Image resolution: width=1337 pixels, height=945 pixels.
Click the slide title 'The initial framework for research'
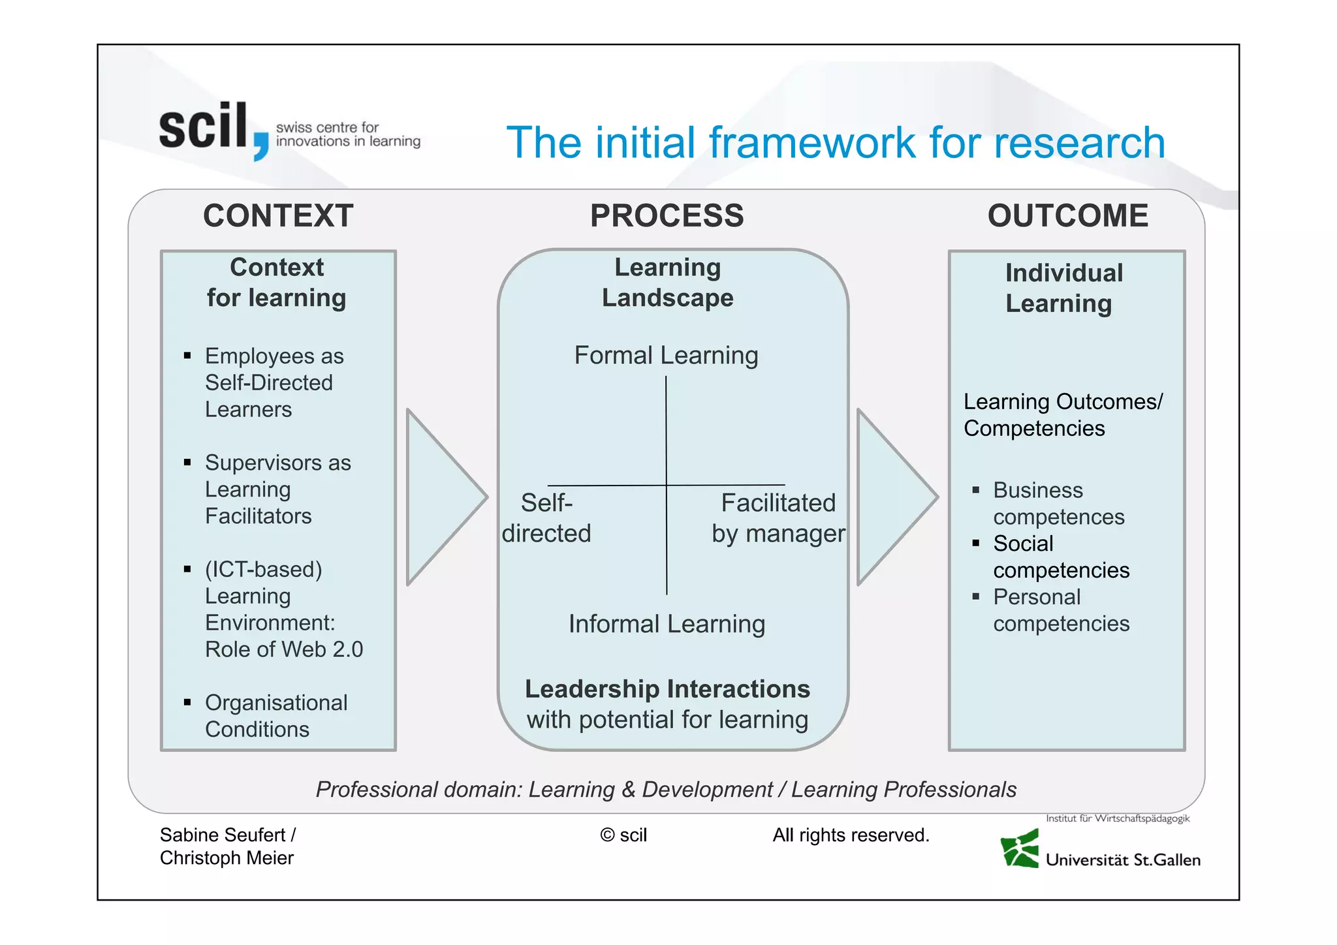(835, 142)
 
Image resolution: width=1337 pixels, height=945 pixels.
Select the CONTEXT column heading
(278, 216)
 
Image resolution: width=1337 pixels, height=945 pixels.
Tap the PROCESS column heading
(667, 216)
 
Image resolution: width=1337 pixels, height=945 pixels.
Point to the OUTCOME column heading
(1067, 216)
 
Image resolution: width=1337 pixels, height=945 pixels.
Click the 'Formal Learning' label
(666, 356)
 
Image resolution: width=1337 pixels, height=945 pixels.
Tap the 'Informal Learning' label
(667, 624)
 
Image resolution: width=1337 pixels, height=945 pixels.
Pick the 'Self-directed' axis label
(546, 518)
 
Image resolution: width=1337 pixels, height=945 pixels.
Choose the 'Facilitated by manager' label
(778, 518)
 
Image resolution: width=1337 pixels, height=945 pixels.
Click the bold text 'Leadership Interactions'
(667, 689)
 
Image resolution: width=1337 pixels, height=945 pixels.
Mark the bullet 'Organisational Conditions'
(275, 716)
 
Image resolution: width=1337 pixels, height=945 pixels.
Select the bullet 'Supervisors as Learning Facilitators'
(277, 489)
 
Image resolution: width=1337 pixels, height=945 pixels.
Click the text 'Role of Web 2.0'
(283, 649)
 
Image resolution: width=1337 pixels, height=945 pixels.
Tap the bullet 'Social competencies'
(1060, 557)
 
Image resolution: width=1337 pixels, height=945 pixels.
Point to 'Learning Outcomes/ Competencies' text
(1062, 415)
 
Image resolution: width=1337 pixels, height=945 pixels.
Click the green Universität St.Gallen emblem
(1020, 849)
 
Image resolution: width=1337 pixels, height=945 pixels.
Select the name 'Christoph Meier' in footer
(227, 858)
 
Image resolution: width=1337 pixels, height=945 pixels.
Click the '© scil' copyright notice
(623, 835)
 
